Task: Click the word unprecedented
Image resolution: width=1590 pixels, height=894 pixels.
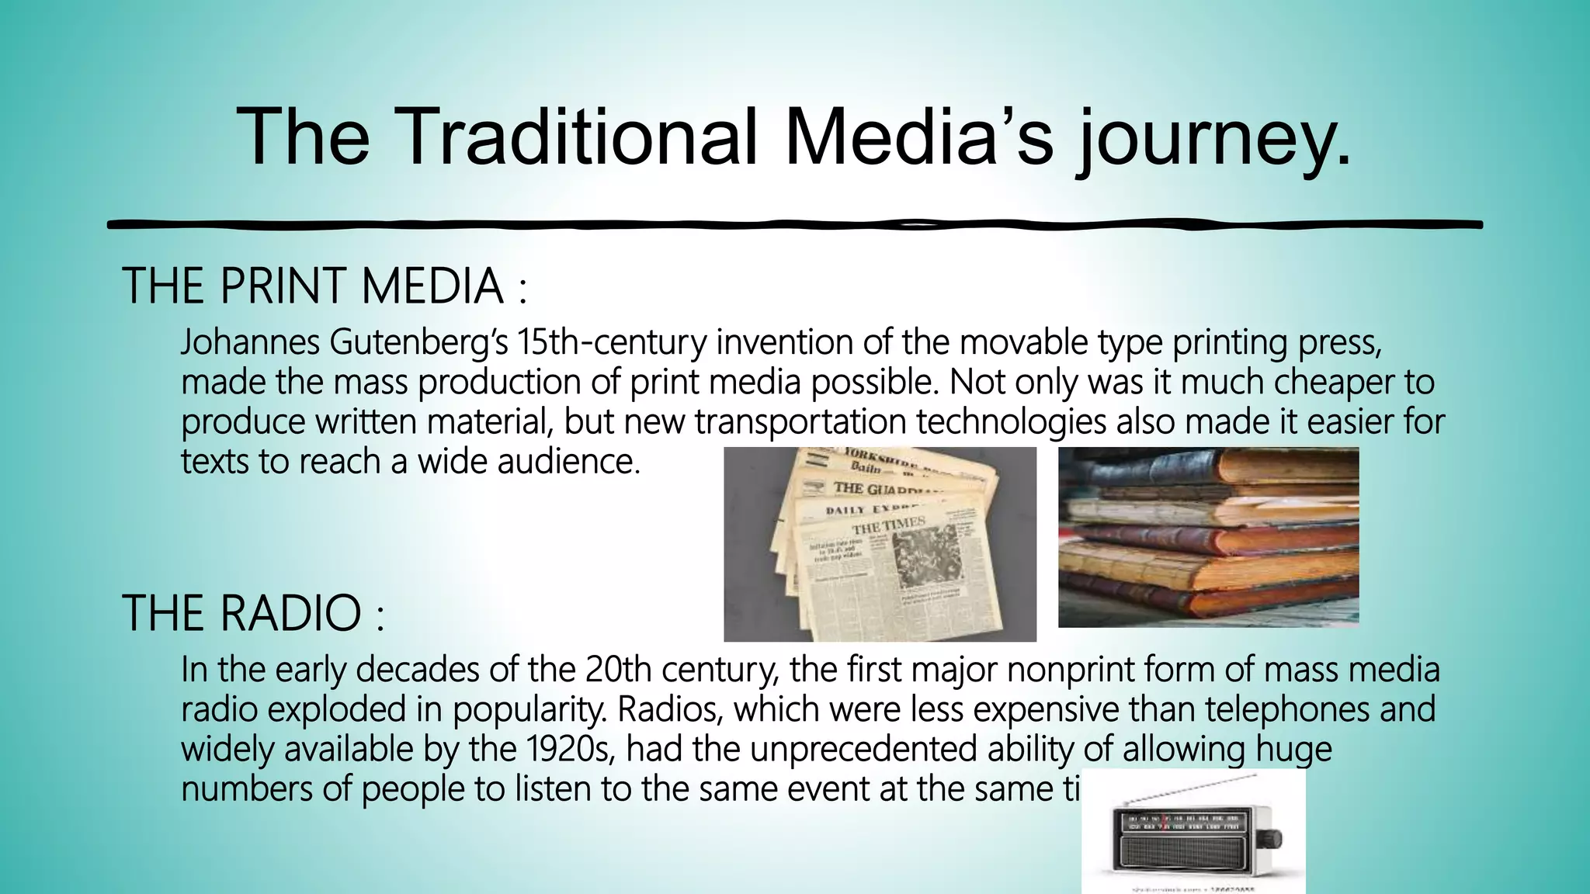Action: [863, 750]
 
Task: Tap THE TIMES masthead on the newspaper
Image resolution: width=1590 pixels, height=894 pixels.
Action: [889, 525]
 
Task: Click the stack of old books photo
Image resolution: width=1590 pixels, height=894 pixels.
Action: [1208, 537]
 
